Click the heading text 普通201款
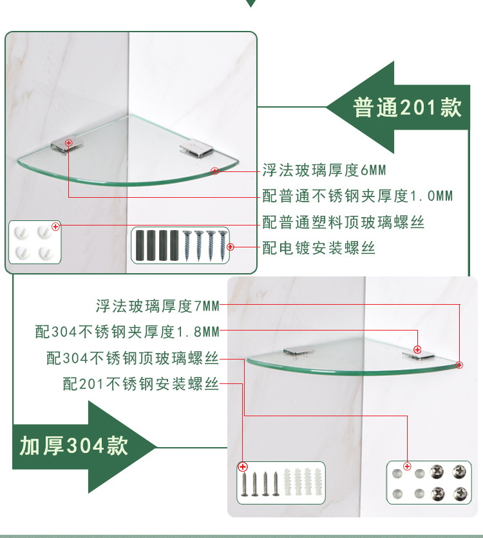pos(407,108)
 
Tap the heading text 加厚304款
pos(74,446)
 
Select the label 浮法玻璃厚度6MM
pos(324,170)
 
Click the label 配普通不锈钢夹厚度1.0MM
pos(357,196)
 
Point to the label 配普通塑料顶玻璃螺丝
pos(343,222)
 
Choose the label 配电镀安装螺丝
pos(319,247)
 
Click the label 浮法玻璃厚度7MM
pos(157,306)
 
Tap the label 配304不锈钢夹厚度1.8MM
pos(128,332)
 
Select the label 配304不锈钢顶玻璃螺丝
pos(133,358)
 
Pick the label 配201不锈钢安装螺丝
pos(140,383)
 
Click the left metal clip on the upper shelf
pos(67,146)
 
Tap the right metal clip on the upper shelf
pos(196,149)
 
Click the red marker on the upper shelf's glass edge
pos(214,171)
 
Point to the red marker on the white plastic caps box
pos(55,226)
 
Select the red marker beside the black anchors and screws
pos(231,247)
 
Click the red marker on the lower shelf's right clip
pos(417,350)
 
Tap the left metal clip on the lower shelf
pos(298,351)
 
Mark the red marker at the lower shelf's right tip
pos(459,365)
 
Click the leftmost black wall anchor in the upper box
pos(140,245)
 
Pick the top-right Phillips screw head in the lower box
pos(459,472)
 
